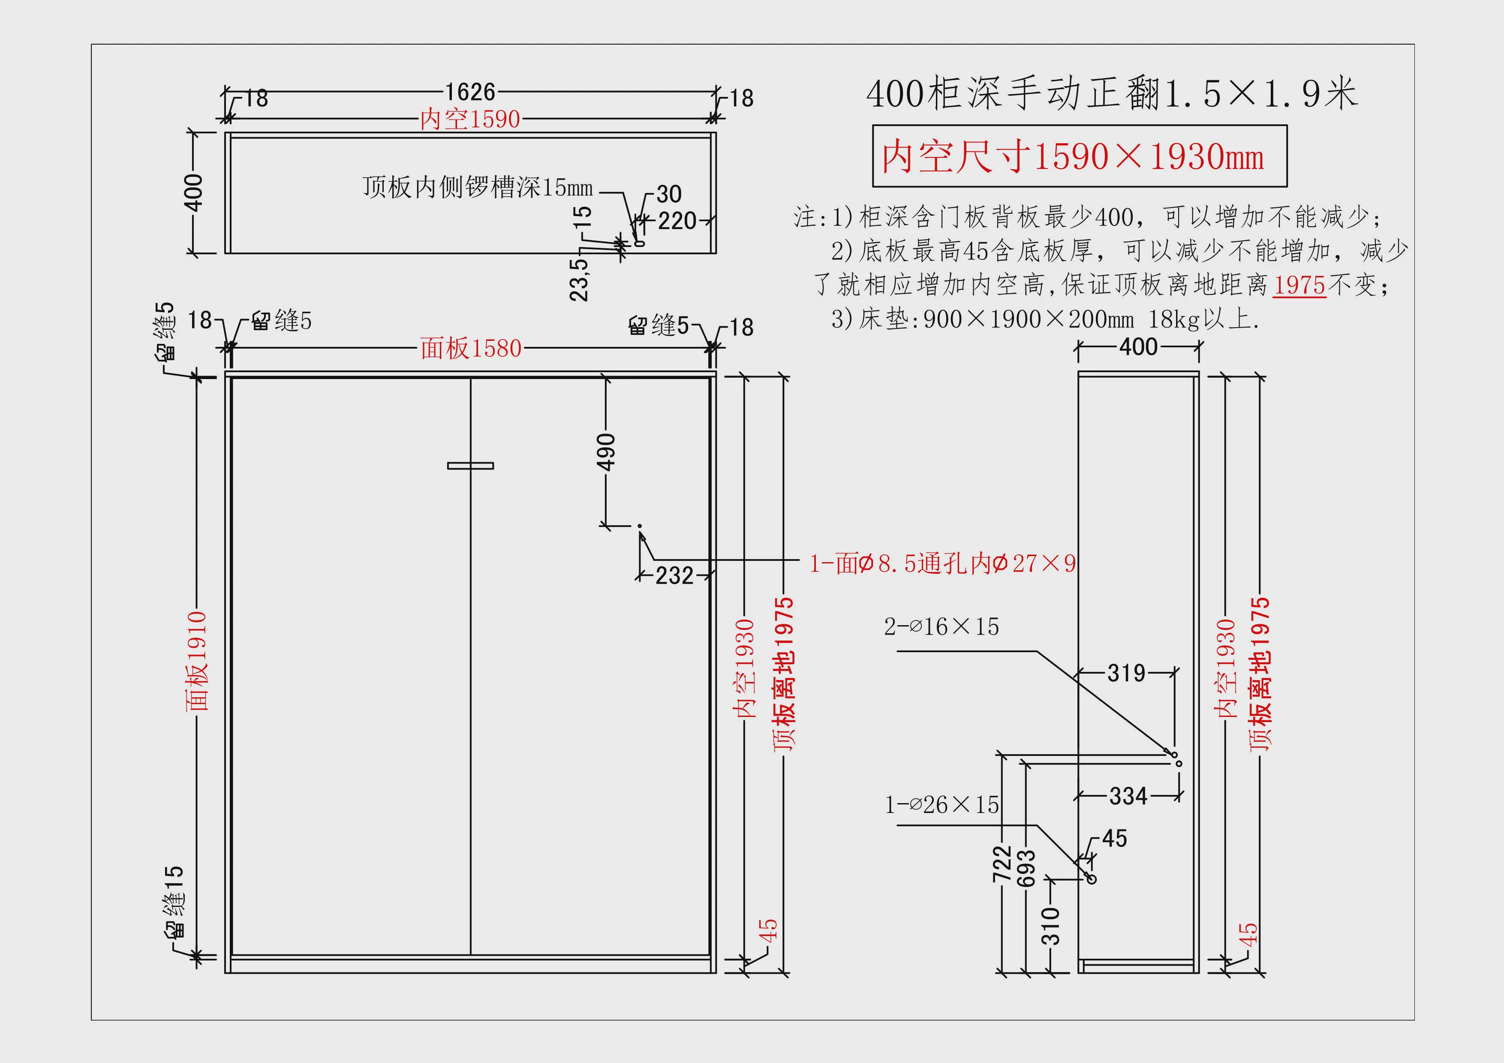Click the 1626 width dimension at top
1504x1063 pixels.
point(470,92)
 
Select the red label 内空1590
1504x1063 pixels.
point(470,119)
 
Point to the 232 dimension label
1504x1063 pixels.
point(675,576)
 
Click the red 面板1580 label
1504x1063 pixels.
point(471,349)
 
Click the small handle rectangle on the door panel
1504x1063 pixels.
point(470,466)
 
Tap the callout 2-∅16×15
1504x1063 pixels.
point(942,627)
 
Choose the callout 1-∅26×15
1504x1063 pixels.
point(942,805)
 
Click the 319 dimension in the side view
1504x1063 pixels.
point(1127,673)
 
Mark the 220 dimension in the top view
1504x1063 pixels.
point(677,221)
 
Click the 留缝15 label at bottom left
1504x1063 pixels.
point(174,902)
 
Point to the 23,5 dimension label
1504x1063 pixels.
point(579,280)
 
